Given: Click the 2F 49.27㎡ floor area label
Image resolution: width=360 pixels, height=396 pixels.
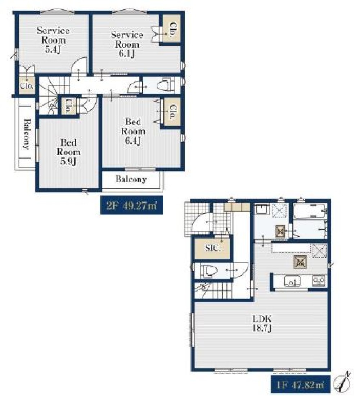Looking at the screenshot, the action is [132, 205].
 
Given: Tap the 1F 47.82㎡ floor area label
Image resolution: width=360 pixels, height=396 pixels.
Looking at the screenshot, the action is [301, 385].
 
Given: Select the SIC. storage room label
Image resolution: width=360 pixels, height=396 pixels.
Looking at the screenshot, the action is [212, 248].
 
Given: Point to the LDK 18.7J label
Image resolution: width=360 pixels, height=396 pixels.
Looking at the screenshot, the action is [262, 323].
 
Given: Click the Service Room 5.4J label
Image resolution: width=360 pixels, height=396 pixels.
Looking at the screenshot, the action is [53, 40].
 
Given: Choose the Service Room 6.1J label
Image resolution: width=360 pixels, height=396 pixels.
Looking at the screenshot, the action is [127, 44].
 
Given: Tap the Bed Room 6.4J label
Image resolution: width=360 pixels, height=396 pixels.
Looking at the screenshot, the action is [133, 131].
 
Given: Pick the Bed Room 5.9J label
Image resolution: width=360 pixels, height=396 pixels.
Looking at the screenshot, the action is [68, 152].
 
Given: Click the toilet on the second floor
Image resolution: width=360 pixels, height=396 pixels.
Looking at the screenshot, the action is [165, 85].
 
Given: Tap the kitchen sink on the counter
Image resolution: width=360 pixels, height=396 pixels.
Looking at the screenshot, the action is [292, 281].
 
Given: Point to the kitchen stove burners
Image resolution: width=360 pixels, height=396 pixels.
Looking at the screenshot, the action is [319, 281].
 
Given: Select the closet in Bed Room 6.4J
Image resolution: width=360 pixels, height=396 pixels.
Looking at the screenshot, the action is [172, 112].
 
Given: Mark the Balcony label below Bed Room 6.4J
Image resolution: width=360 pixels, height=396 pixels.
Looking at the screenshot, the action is [131, 179].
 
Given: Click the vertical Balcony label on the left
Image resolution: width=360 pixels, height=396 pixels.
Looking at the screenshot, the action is [27, 134].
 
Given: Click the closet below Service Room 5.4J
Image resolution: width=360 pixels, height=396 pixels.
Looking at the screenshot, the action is [27, 85].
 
